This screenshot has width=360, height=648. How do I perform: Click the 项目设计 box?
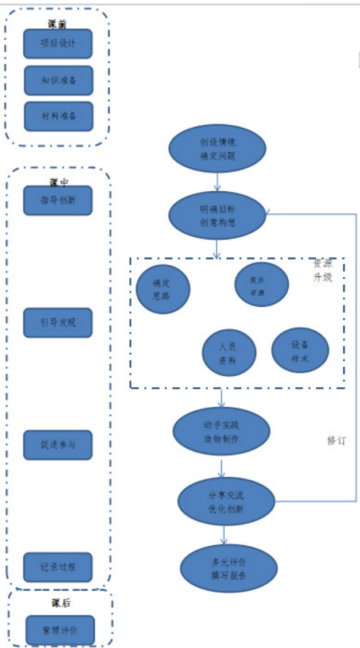58,44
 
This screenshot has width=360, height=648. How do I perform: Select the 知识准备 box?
59,80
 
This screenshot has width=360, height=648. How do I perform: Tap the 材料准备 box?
59,116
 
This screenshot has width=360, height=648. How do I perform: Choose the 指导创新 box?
58,200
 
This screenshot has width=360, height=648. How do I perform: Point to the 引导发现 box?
58,322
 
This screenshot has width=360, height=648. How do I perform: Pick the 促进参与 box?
58,445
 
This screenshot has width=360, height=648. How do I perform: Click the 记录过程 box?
58,567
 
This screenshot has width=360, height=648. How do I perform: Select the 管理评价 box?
60,630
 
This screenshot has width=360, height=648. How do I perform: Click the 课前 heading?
58,24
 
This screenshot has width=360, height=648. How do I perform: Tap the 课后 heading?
60,603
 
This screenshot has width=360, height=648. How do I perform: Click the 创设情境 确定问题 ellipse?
218,149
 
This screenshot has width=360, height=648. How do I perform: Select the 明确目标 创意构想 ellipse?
218,216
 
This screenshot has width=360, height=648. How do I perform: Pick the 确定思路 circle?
162,288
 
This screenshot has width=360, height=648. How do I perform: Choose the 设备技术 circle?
300,350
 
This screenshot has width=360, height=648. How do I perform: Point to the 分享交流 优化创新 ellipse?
222,501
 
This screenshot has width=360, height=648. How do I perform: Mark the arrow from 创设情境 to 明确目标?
218,182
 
